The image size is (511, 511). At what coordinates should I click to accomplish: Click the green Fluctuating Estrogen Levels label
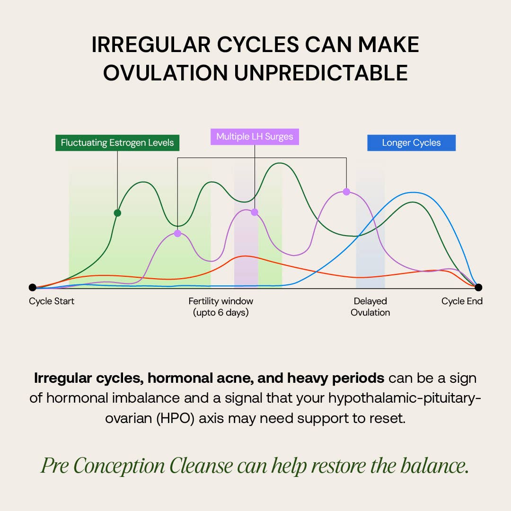pyautogui.click(x=117, y=142)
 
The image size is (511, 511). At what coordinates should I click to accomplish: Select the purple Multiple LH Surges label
pyautogui.click(x=255, y=137)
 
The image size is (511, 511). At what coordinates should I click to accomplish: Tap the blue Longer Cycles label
pyautogui.click(x=411, y=143)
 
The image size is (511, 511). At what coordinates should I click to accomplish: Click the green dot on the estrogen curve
pyautogui.click(x=117, y=213)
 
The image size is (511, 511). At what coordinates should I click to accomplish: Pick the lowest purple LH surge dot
pyautogui.click(x=177, y=233)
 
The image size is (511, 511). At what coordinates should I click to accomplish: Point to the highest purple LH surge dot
pyautogui.click(x=346, y=192)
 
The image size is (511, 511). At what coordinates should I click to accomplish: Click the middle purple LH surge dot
pyautogui.click(x=255, y=212)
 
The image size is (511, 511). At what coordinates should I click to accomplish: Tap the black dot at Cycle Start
pyautogui.click(x=32, y=287)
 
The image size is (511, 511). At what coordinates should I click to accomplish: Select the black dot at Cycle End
pyautogui.click(x=478, y=287)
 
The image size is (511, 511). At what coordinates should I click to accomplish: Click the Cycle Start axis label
pyautogui.click(x=52, y=301)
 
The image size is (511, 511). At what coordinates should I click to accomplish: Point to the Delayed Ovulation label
pyautogui.click(x=370, y=307)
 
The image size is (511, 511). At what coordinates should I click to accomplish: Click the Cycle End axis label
pyautogui.click(x=462, y=301)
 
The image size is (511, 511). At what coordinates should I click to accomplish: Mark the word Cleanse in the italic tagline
pyautogui.click(x=201, y=466)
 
